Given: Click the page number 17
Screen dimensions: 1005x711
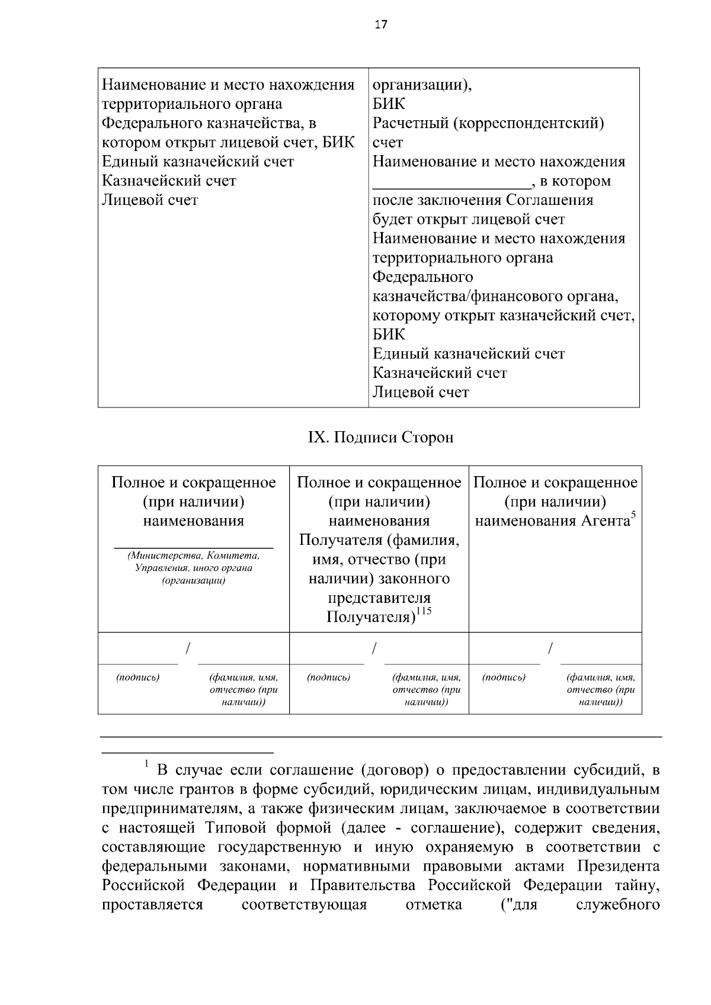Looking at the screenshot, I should (380, 24).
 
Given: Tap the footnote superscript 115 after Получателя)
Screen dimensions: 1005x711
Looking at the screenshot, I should (424, 612).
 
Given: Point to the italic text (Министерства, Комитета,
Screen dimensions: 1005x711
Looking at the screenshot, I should (193, 556).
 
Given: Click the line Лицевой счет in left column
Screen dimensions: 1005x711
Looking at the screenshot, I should (150, 200).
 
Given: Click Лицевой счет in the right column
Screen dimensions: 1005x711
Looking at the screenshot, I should (421, 392).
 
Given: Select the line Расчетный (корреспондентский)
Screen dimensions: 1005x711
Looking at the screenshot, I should (488, 124).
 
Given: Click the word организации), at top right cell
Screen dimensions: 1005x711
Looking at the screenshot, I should (422, 85).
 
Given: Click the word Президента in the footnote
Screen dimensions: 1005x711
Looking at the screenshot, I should (619, 866).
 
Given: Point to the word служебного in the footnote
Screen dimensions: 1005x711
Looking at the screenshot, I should (618, 905).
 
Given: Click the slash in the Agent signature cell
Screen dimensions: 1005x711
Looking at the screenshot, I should (550, 648).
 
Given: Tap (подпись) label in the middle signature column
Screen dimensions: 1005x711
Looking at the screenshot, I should (329, 678).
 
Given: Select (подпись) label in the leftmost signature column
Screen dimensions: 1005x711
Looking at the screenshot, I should (138, 678).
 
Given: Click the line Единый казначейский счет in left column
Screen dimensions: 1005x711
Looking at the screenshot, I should (198, 162).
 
